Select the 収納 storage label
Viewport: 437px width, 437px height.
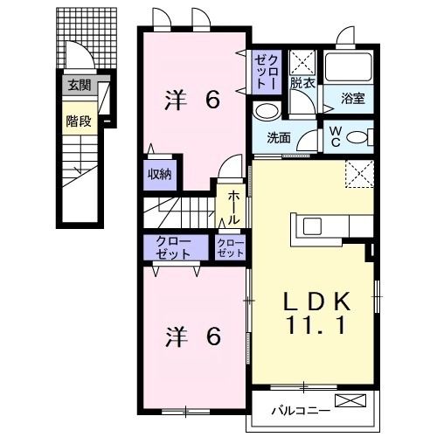pos(159,173)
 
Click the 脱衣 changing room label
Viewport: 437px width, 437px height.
pos(302,84)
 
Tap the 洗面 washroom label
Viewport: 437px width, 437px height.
pos(279,137)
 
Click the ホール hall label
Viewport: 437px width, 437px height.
pos(235,209)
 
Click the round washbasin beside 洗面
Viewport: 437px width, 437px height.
pos(267,111)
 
